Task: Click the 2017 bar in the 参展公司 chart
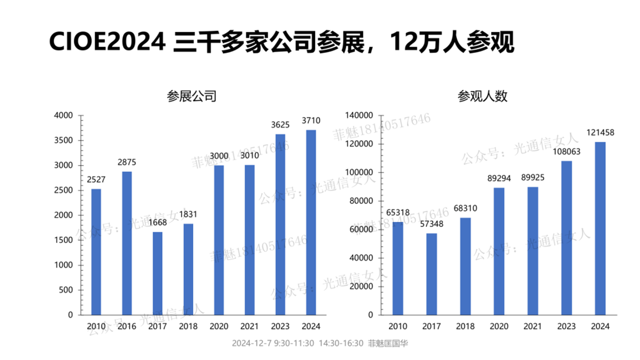pos(157,273)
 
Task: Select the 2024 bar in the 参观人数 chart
pos(600,228)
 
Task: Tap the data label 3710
pos(311,121)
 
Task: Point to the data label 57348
pos(431,225)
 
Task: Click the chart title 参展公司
pos(191,97)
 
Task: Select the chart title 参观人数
pos(483,97)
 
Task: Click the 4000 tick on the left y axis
pos(64,116)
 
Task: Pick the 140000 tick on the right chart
pos(359,116)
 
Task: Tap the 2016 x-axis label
pos(127,326)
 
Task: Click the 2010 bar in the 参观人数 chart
pos(398,268)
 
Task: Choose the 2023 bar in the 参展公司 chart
pos(280,225)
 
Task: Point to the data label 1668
pos(157,223)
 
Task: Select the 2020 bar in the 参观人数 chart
pos(499,251)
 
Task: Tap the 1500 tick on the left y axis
pos(64,240)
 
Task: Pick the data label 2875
pos(127,163)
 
